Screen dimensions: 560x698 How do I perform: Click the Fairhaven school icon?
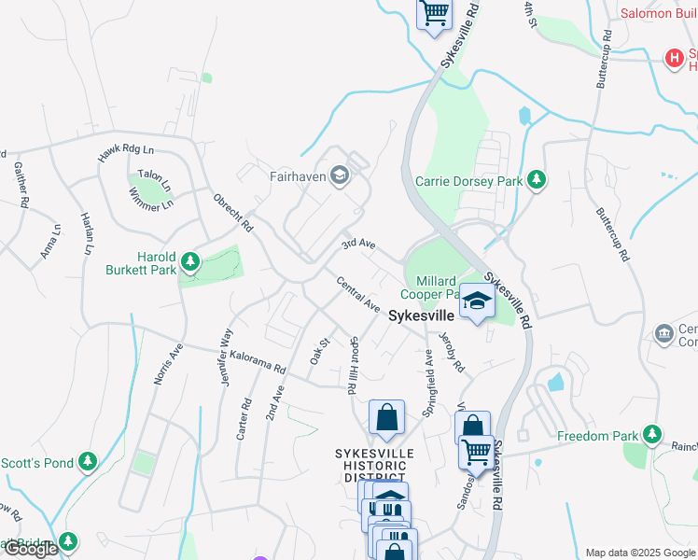pyautogui.click(x=342, y=175)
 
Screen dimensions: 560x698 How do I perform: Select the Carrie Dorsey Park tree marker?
pyautogui.click(x=537, y=179)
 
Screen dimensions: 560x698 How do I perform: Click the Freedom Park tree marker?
pyautogui.click(x=651, y=435)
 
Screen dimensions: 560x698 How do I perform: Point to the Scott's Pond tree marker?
pyautogui.click(x=87, y=462)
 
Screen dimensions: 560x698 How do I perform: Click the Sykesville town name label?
pyautogui.click(x=421, y=316)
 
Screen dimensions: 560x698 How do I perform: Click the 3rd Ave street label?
pyautogui.click(x=357, y=245)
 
